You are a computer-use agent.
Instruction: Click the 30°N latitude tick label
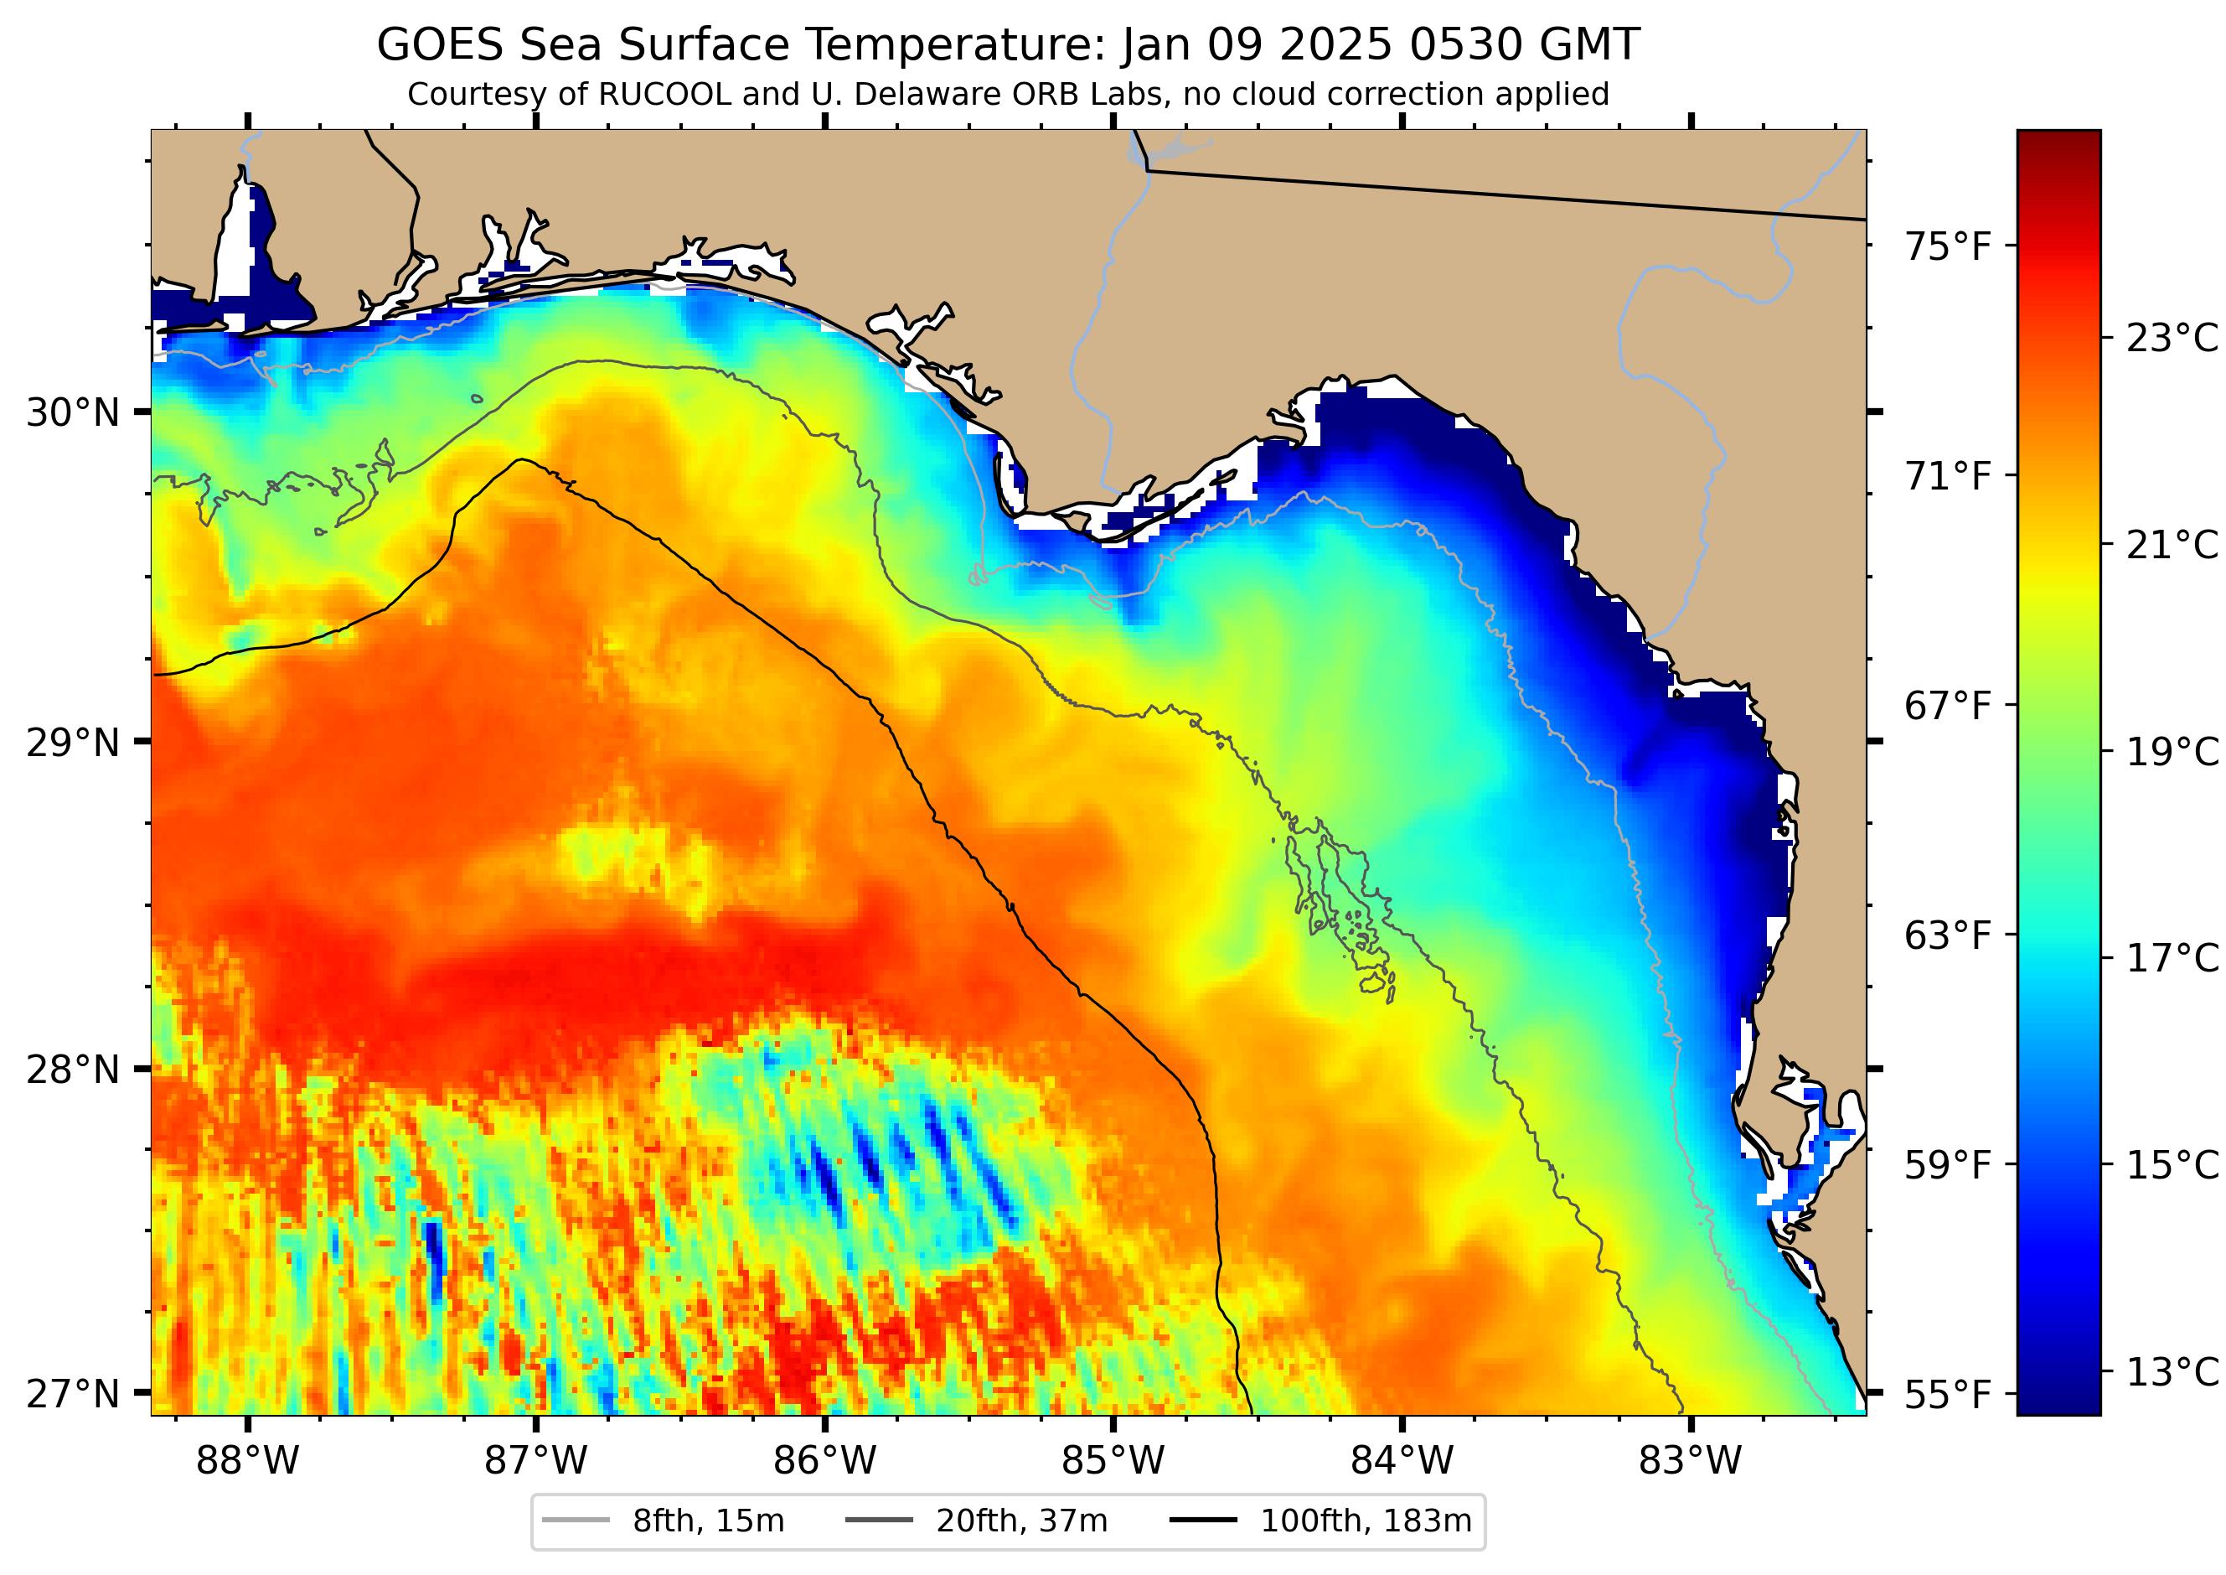(x=73, y=413)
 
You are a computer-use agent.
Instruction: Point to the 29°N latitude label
(x=73, y=743)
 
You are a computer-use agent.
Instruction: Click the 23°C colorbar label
(x=2172, y=339)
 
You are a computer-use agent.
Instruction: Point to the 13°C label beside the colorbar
(x=2172, y=1372)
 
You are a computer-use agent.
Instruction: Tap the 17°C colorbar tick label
(x=2172, y=959)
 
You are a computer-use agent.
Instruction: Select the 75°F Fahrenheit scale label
(x=1948, y=246)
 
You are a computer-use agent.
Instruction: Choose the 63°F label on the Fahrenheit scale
(x=1948, y=936)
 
